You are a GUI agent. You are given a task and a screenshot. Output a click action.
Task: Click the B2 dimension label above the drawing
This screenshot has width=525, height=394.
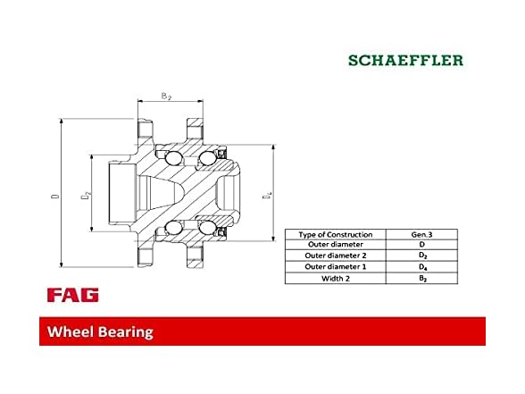tap(166, 95)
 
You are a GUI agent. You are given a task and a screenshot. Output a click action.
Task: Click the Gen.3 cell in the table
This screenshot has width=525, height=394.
tap(421, 234)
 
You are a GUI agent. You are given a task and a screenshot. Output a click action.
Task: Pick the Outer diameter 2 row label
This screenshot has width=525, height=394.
tap(335, 256)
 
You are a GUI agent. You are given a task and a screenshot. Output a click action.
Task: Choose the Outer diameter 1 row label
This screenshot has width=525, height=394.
tap(335, 267)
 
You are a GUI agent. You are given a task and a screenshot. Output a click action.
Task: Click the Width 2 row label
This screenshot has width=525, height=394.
tap(335, 279)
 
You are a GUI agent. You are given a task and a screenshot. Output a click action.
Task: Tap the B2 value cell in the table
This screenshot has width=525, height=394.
tap(421, 279)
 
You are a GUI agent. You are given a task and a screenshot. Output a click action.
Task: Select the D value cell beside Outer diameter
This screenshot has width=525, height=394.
tap(421, 245)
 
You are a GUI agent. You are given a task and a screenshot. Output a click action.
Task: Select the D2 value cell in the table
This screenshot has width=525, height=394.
tap(421, 256)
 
